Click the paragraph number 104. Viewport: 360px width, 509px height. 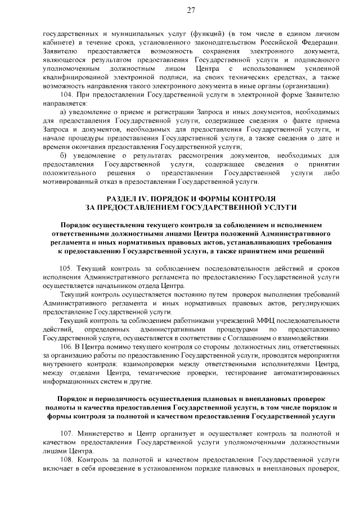[66, 95]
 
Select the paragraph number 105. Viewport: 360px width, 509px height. [66, 268]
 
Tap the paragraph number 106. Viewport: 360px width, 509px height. [66, 347]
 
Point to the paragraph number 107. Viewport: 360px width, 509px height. [66, 434]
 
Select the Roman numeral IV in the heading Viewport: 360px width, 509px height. [149, 199]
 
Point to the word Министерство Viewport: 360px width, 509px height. [99, 434]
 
